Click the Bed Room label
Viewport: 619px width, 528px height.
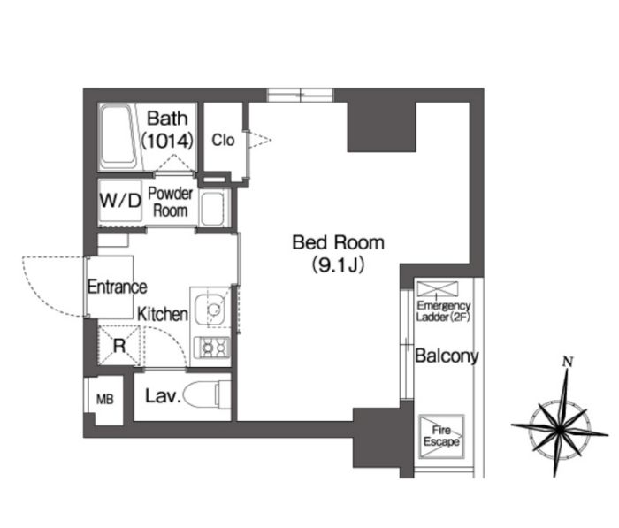pyautogui.click(x=338, y=242)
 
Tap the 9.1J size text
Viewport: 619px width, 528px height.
pyautogui.click(x=338, y=265)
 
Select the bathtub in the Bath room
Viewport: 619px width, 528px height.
pyautogui.click(x=118, y=136)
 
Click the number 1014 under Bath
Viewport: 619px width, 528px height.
pyautogui.click(x=167, y=141)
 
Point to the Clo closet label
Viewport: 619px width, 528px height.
pyautogui.click(x=223, y=140)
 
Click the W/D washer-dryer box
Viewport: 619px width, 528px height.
pyautogui.click(x=120, y=201)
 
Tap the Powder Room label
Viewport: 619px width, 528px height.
pyautogui.click(x=170, y=202)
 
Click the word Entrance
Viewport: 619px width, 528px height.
pyautogui.click(x=118, y=287)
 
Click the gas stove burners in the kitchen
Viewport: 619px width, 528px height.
pyautogui.click(x=212, y=348)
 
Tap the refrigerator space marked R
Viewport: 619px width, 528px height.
pyautogui.click(x=119, y=346)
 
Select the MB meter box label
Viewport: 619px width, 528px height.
pyautogui.click(x=104, y=400)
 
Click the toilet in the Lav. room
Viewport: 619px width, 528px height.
pyautogui.click(x=206, y=395)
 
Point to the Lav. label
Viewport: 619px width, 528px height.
pyautogui.click(x=162, y=396)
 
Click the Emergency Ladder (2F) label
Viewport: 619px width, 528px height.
pyautogui.click(x=443, y=311)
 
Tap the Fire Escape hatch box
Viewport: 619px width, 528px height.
pyautogui.click(x=441, y=436)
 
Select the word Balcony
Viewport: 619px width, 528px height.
pyautogui.click(x=447, y=356)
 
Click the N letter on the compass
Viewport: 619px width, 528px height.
pyautogui.click(x=568, y=362)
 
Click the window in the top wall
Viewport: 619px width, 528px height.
pyautogui.click(x=300, y=96)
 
